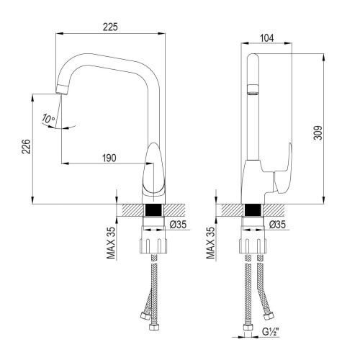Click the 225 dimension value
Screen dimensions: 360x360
coord(110,27)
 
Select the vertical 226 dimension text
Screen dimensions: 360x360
coord(25,148)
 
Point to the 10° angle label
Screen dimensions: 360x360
coord(48,118)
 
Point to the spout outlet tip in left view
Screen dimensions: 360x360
coord(60,89)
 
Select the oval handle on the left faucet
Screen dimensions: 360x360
coord(154,169)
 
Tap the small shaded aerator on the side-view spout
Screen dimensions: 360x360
coord(253,91)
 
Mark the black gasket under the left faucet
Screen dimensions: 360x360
coord(153,212)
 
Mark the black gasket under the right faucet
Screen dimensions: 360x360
coord(251,212)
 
